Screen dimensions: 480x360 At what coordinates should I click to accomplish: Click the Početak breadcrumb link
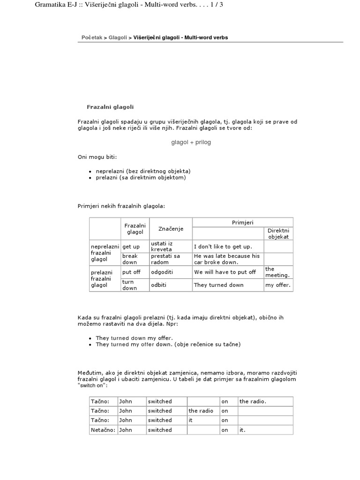[x=91, y=37]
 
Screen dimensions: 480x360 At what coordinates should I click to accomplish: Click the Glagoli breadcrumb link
[x=118, y=37]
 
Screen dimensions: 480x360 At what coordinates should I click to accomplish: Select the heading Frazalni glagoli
[x=110, y=107]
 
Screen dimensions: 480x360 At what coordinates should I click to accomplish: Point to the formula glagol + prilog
[x=191, y=142]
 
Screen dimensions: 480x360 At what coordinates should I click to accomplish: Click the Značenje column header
[x=171, y=229]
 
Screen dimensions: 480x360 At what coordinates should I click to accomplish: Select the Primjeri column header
[x=242, y=222]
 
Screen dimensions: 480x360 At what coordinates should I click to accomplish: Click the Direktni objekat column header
[x=278, y=233]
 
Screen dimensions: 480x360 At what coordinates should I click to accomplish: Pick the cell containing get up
[x=131, y=247]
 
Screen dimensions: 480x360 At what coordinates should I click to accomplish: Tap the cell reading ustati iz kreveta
[x=162, y=247]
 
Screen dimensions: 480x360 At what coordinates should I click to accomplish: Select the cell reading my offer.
[x=278, y=285]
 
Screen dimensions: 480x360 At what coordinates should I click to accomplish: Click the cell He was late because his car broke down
[x=227, y=259]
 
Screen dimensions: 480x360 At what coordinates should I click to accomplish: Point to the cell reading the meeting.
[x=277, y=272]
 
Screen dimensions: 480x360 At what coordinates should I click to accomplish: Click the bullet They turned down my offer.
[x=134, y=338]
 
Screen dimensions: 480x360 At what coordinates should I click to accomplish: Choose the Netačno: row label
[x=103, y=430]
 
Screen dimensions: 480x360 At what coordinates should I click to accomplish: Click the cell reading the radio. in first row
[x=253, y=401]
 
